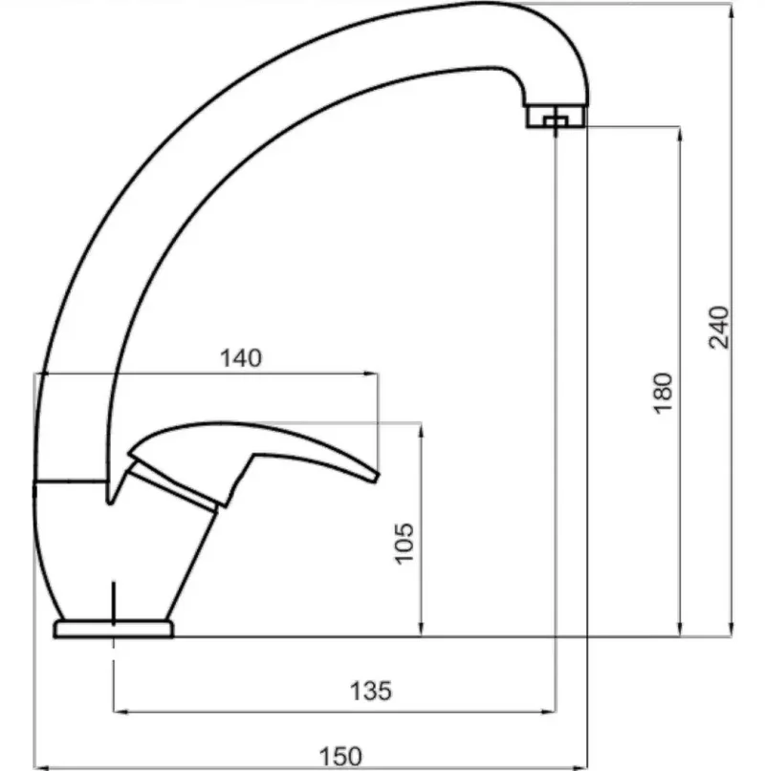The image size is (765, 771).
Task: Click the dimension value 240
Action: coord(719,328)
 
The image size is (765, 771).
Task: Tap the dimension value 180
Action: coord(663,394)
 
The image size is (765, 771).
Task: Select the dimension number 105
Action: coord(404,544)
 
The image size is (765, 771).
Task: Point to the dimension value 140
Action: coord(241,358)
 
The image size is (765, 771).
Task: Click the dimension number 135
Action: coord(371,691)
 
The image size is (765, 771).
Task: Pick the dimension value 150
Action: coord(340,757)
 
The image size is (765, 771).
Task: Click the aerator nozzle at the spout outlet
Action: coord(556,116)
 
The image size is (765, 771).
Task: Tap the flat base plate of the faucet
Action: coord(113,629)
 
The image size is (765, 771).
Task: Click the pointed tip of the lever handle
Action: coord(377,477)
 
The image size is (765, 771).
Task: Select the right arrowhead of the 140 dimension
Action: coord(371,374)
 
